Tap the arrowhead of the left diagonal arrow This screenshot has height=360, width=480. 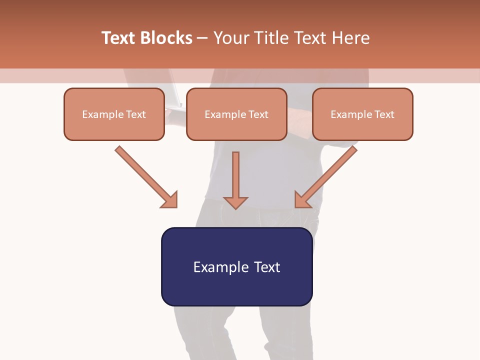click(x=170, y=200)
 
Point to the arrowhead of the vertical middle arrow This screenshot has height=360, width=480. click(x=235, y=202)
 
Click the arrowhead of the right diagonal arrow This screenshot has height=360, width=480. click(x=301, y=200)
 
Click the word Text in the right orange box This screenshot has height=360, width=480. click(x=384, y=114)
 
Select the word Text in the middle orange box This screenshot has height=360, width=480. click(x=258, y=114)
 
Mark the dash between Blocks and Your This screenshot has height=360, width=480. click(x=202, y=38)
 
